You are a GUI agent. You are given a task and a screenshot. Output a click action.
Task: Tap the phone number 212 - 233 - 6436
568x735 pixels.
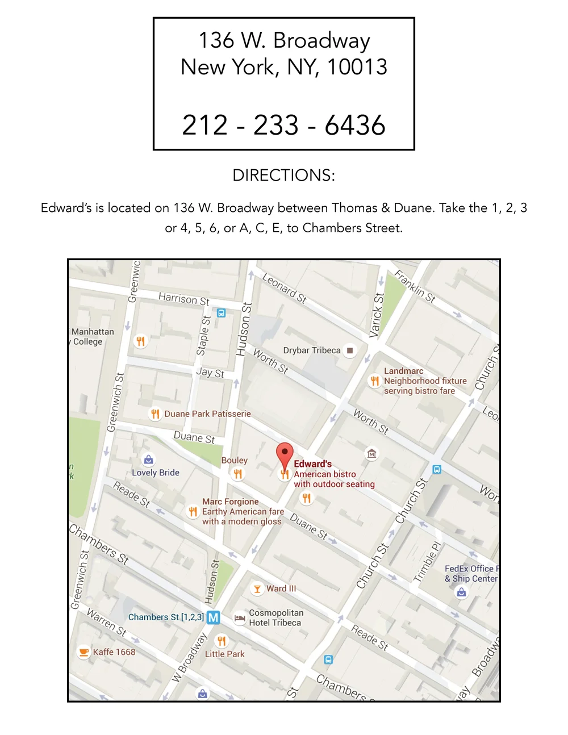pos(284,125)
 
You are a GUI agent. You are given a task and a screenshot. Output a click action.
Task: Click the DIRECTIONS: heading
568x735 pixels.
pos(284,175)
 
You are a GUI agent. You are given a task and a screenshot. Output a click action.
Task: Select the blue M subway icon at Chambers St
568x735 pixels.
pos(213,617)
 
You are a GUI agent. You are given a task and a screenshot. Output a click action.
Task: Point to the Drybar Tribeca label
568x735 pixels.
pos(312,350)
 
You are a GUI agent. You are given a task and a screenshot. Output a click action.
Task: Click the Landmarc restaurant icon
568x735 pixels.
pos(374,381)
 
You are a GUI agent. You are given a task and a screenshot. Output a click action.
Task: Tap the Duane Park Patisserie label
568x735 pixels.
pos(207,414)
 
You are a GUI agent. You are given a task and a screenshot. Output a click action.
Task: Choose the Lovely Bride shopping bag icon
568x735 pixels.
pos(148,459)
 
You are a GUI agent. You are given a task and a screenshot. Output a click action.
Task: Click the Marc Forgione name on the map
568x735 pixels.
pos(230,502)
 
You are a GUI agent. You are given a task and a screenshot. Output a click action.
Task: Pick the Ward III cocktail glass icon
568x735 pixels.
pos(257,589)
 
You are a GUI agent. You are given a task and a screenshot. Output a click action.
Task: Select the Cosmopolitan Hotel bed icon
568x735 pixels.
pos(240,617)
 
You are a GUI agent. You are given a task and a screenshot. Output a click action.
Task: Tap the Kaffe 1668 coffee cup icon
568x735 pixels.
pos(83,652)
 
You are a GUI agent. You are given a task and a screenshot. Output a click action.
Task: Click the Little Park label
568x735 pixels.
pos(224,654)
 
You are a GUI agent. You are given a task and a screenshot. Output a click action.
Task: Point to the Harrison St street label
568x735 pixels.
pos(183,299)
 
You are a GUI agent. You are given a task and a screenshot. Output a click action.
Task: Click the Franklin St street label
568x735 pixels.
pos(415,287)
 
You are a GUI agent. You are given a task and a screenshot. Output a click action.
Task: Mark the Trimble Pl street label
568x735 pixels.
pos(427,562)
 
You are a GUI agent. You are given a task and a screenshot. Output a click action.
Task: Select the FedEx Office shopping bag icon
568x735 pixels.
pos(461,592)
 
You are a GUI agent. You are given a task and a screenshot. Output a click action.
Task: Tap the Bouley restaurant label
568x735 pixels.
pos(234,460)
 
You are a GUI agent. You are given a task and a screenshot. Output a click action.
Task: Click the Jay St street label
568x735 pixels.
pos(210,373)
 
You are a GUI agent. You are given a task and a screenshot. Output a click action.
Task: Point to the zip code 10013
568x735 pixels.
pos(357,67)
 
